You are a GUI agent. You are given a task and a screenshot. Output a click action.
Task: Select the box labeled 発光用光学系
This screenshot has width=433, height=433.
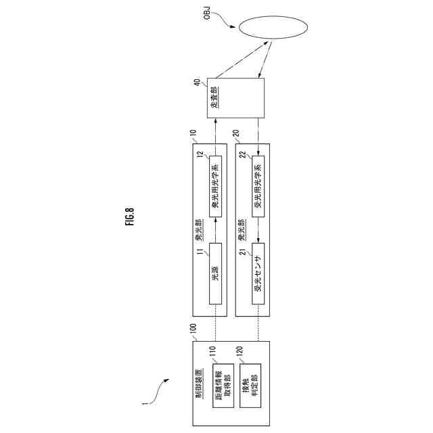[216, 185]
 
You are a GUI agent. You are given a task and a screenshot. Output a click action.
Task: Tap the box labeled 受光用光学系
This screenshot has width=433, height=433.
[258, 185]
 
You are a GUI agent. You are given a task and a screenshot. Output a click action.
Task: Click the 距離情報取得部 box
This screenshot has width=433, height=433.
[221, 382]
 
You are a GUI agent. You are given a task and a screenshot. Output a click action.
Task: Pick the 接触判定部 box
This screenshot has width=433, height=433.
[250, 382]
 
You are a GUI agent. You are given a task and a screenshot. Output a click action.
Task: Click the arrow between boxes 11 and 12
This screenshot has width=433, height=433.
[216, 230]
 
